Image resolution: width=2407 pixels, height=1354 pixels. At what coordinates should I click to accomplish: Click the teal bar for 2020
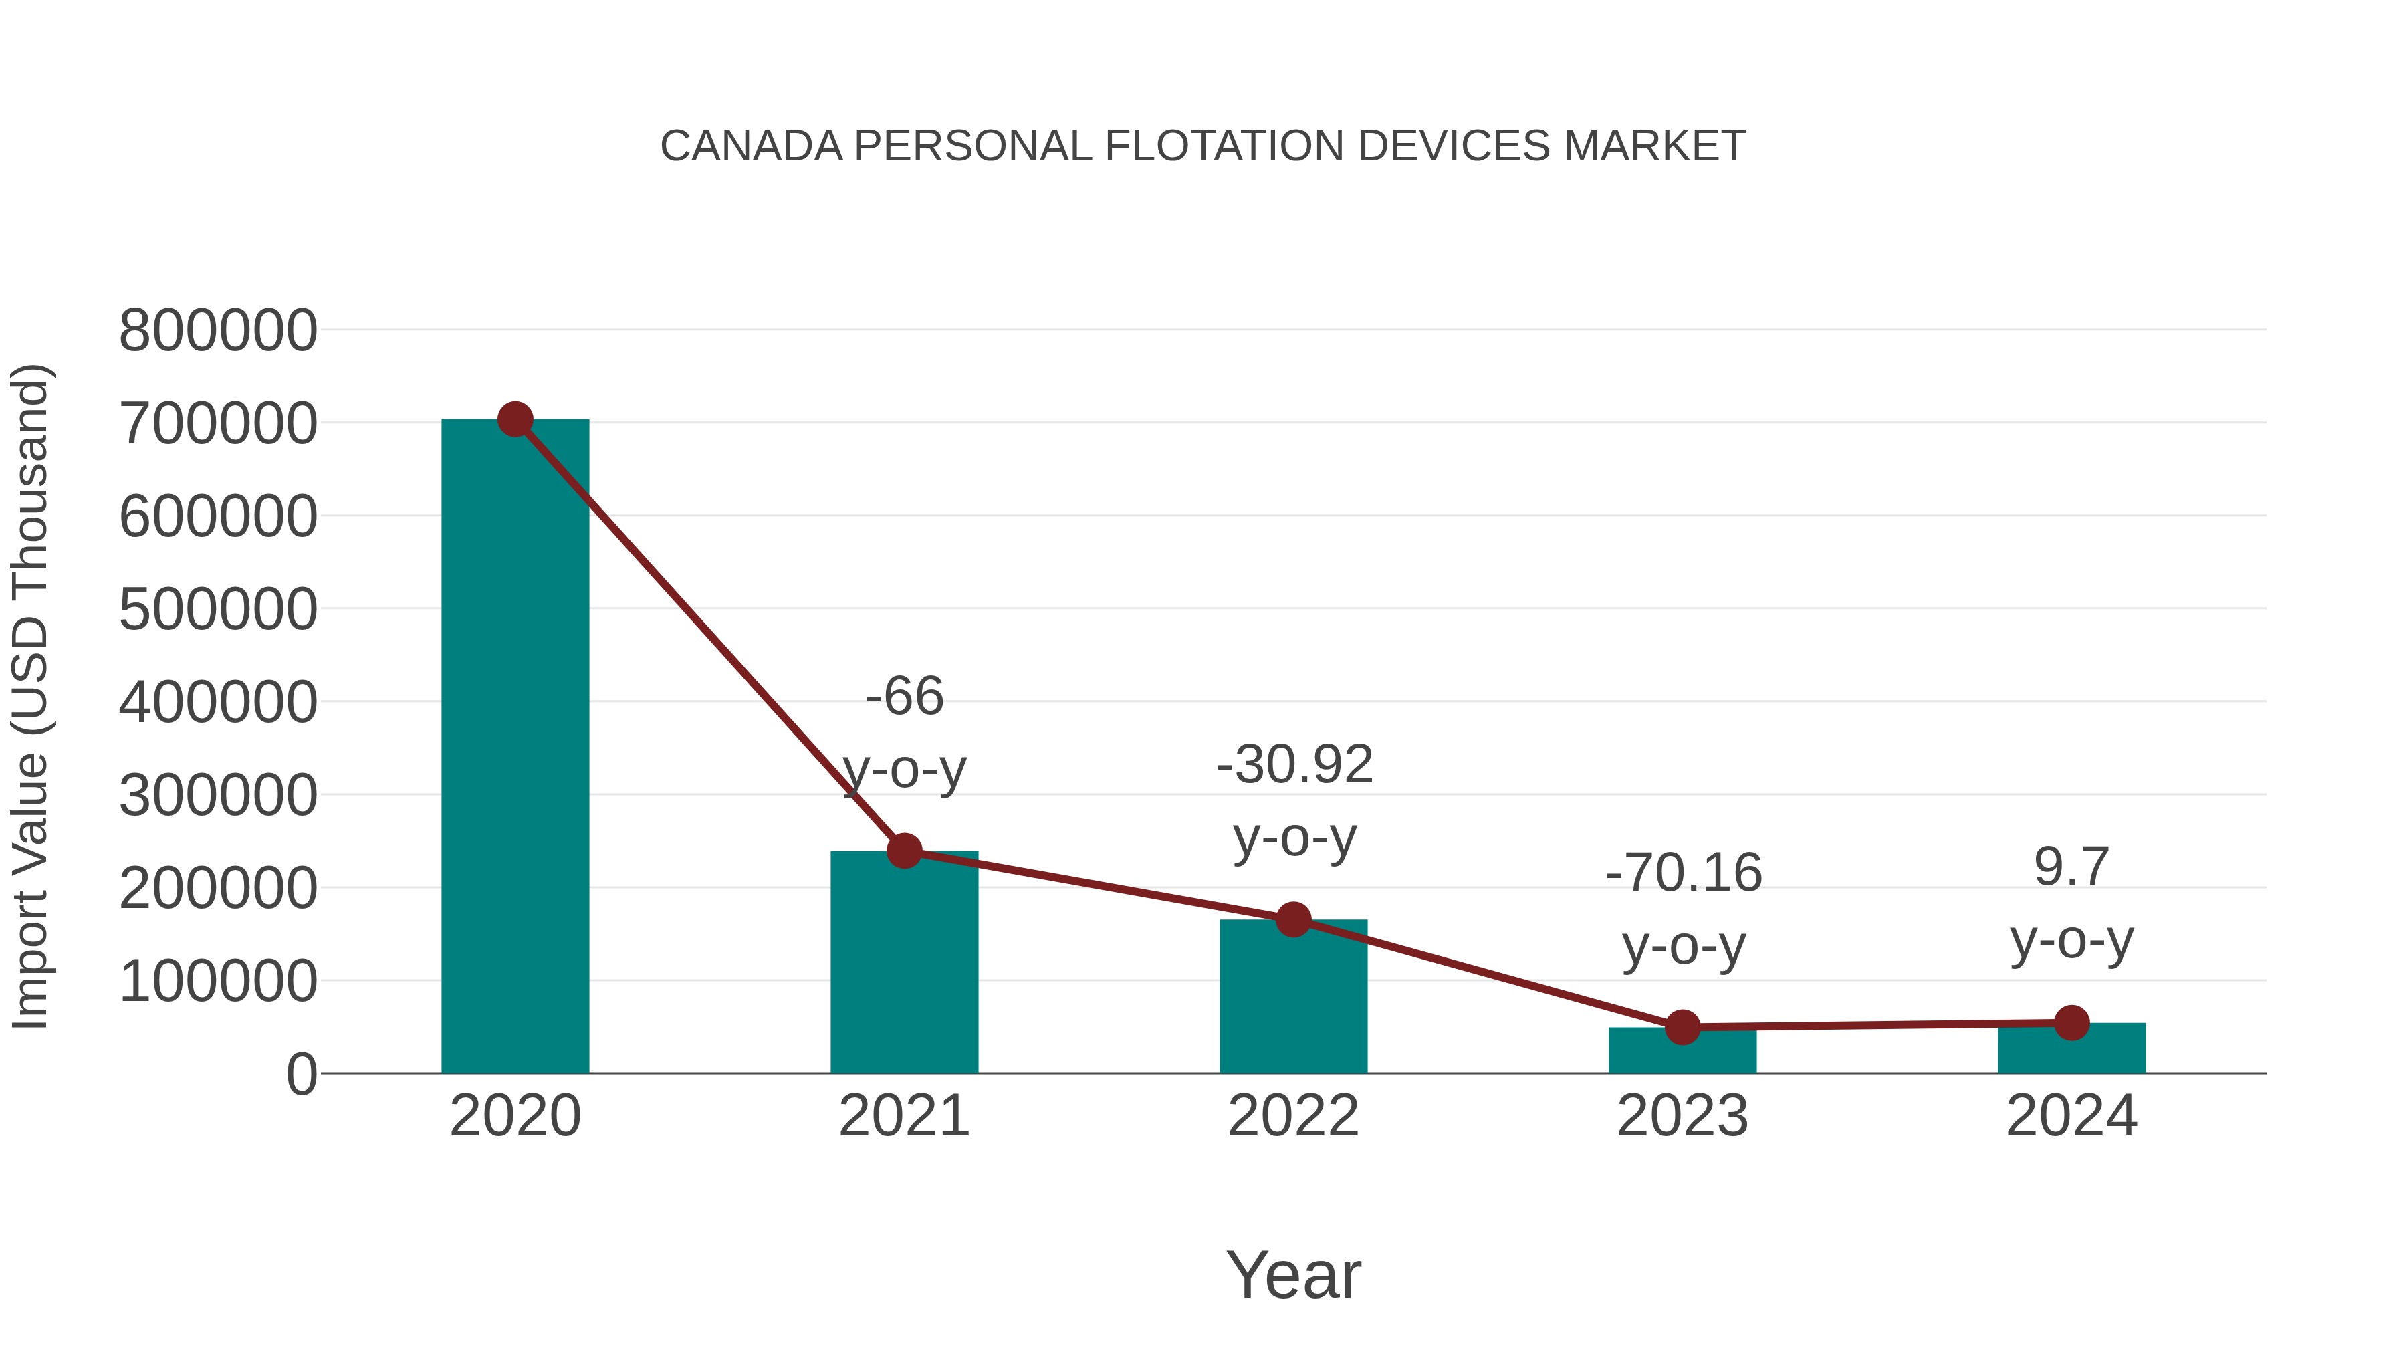tap(515, 748)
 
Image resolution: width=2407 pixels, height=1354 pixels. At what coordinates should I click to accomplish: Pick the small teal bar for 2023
tap(1682, 1050)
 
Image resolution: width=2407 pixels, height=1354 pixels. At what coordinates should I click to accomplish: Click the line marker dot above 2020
tap(515, 419)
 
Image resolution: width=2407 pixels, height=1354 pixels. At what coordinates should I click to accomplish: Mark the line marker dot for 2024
tap(2071, 1023)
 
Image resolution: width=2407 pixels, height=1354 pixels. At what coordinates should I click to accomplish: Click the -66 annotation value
tap(905, 697)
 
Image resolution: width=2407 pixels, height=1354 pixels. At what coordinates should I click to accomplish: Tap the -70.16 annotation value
tap(1683, 874)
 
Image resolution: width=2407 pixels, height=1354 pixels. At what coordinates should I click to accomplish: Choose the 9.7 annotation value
tap(2071, 867)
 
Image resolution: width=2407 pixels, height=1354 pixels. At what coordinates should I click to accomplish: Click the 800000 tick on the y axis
tap(218, 331)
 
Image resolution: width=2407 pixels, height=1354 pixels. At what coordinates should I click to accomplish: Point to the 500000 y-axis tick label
tap(218, 610)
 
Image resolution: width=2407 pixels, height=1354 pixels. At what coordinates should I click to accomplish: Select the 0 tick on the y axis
tap(301, 1075)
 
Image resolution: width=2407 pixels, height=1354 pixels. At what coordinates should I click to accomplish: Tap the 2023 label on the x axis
tap(1682, 1117)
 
